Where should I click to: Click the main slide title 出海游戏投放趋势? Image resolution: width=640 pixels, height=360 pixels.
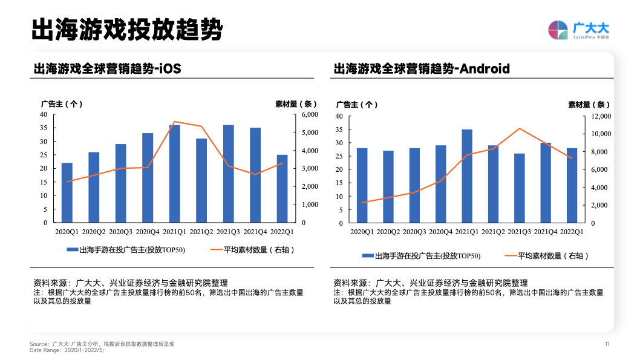[126, 30]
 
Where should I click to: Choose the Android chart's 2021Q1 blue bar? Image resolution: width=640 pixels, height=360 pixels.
[466, 176]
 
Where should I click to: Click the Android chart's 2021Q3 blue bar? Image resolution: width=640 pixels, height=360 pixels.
[519, 188]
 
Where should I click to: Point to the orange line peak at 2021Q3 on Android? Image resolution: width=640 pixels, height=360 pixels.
[519, 128]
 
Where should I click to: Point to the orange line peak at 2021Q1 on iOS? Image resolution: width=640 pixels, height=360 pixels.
[175, 122]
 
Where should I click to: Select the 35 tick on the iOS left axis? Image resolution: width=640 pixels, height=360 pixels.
[44, 128]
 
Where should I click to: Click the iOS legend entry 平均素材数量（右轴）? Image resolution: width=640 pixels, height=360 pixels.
[252, 249]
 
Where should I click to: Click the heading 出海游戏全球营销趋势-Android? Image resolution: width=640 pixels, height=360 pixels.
[421, 69]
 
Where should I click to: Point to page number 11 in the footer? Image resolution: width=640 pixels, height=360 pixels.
[607, 344]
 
